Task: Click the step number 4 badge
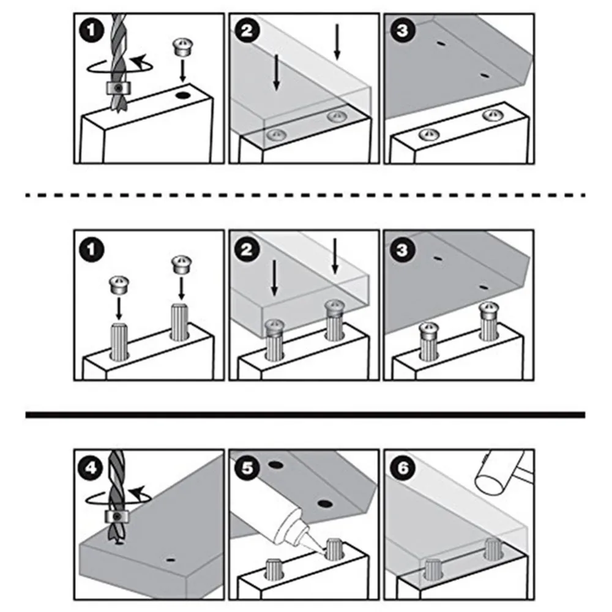pos(92,468)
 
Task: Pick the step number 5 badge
pos(246,468)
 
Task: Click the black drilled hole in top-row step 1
pos(182,95)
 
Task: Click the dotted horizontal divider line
pos(306,195)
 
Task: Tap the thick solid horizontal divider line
pos(306,415)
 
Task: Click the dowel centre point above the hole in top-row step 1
pos(182,47)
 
